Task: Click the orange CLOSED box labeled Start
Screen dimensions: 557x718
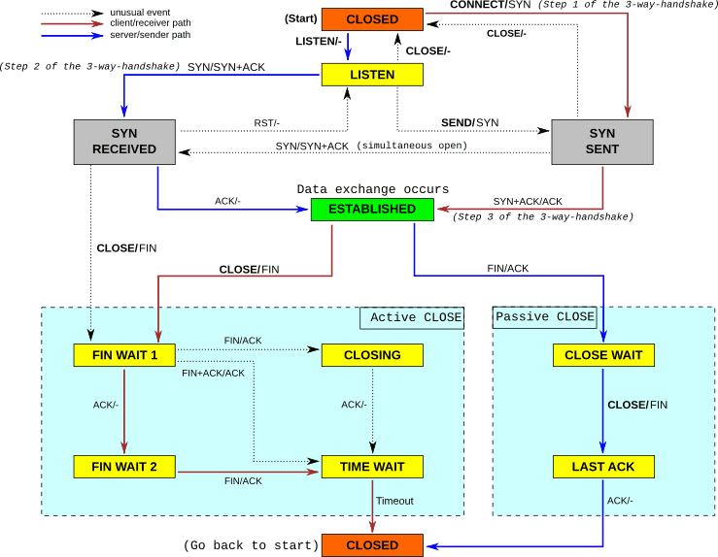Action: (372, 19)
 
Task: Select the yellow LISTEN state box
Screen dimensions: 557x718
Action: (372, 75)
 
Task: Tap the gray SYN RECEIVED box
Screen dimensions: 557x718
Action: (124, 141)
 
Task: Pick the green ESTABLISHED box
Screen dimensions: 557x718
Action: (372, 209)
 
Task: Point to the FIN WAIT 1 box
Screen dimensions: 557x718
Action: (124, 355)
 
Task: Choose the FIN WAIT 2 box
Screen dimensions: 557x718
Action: (124, 467)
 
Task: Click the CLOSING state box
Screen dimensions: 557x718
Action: (372, 355)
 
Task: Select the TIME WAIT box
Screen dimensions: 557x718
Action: (372, 467)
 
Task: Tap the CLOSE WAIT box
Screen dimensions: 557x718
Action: (603, 355)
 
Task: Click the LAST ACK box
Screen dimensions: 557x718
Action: (603, 467)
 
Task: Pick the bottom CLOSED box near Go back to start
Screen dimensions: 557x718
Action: (372, 545)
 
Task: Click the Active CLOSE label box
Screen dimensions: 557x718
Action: (411, 317)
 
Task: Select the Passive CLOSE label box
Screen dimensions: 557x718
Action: (544, 317)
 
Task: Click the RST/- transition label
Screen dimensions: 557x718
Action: (267, 123)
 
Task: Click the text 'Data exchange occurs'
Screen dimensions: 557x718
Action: (372, 188)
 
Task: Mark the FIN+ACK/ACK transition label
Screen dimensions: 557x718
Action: (213, 373)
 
